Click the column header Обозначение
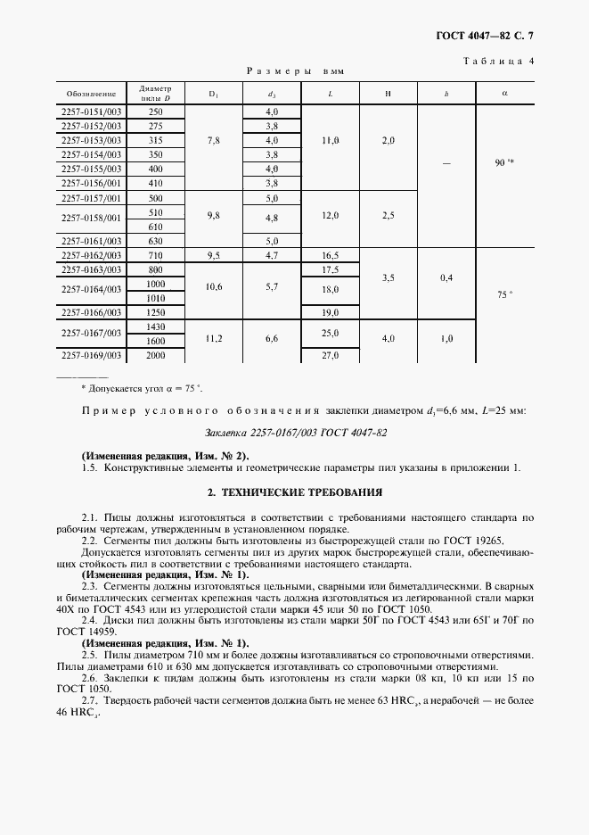click(x=91, y=93)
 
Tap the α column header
click(x=504, y=92)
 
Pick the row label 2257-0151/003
click(x=91, y=112)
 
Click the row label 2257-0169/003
click(x=91, y=354)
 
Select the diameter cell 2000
click(x=156, y=354)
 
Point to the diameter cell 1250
click(x=156, y=311)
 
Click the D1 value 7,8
click(x=213, y=140)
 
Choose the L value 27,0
click(x=330, y=354)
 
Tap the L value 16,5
click(x=330, y=255)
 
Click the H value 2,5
click(x=389, y=216)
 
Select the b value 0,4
click(x=446, y=277)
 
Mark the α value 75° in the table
click(x=504, y=293)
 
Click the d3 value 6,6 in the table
click(x=272, y=339)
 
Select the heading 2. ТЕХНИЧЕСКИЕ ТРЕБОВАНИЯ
click(x=295, y=491)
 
